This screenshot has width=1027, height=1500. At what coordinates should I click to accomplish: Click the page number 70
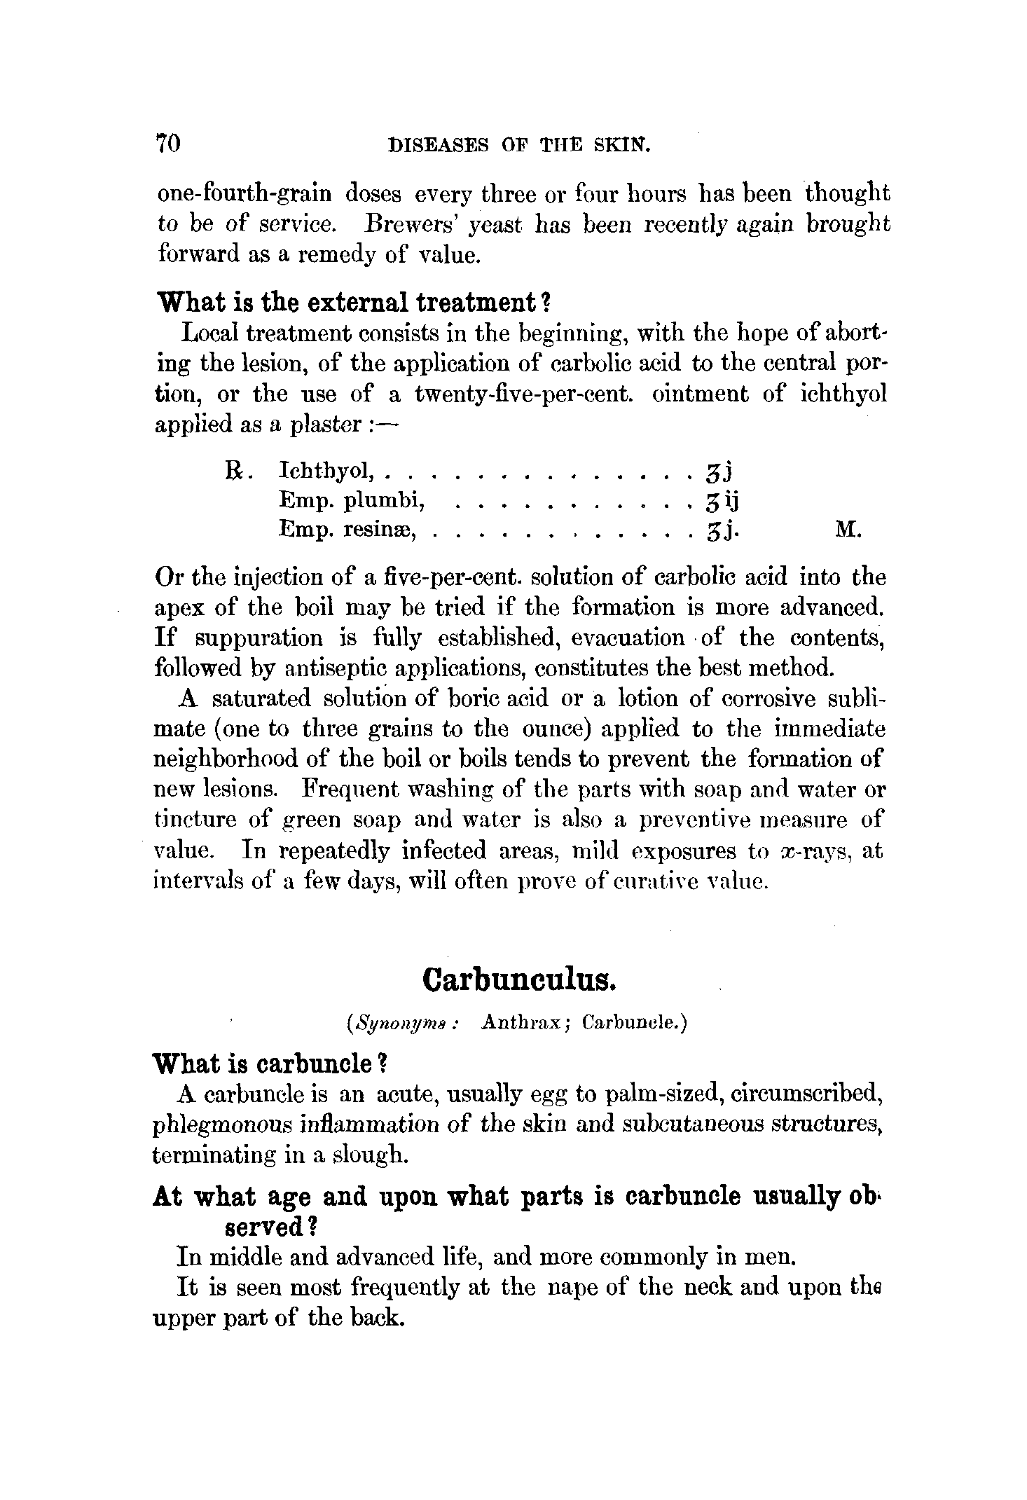[169, 143]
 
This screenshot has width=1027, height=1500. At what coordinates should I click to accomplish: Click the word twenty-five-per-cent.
[524, 394]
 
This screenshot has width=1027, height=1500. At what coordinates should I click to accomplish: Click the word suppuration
[259, 638]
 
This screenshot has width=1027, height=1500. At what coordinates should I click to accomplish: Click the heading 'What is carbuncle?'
[270, 1064]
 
